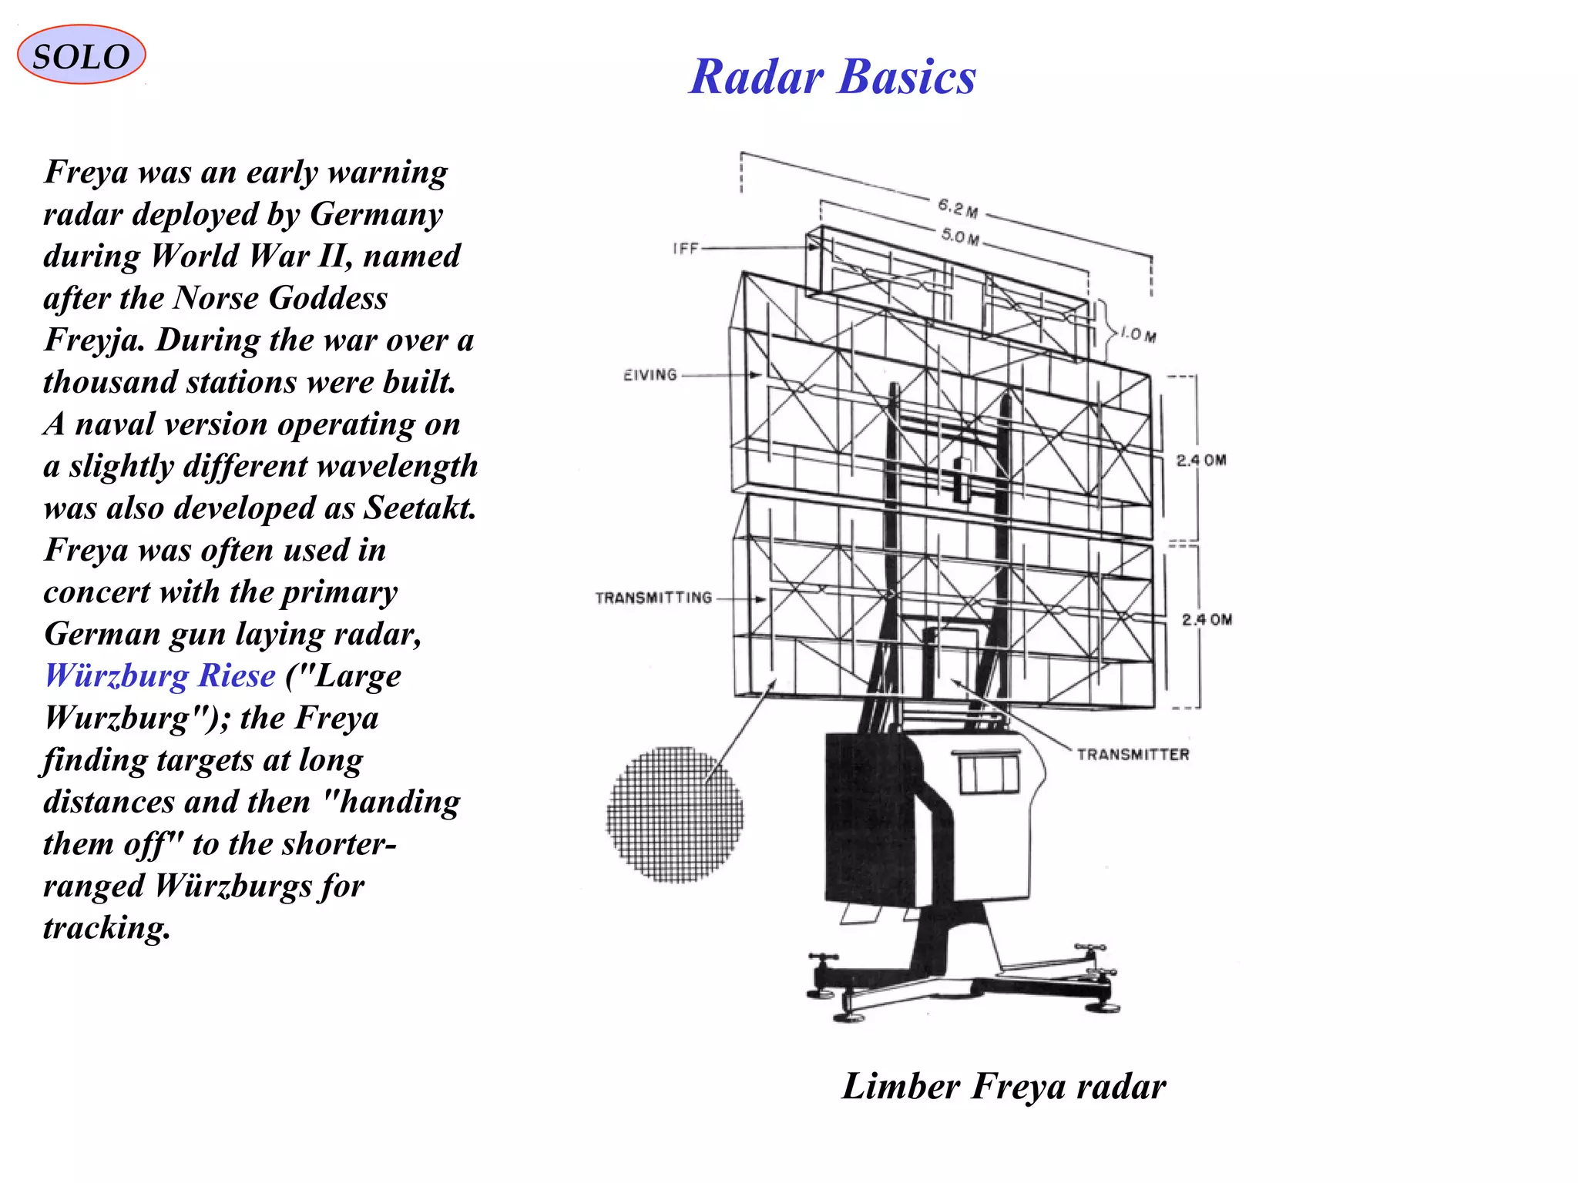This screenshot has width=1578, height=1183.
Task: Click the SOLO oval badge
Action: pyautogui.click(x=81, y=55)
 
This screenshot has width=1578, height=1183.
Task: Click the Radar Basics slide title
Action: pyautogui.click(x=832, y=78)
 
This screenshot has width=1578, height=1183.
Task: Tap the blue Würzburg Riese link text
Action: pyautogui.click(x=159, y=675)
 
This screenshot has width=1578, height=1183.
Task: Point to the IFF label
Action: pyautogui.click(x=685, y=249)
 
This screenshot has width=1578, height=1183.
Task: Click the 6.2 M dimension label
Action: pyautogui.click(x=958, y=208)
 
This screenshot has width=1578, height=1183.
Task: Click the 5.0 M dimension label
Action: pyautogui.click(x=960, y=236)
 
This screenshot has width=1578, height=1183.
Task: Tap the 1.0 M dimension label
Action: pyautogui.click(x=1138, y=335)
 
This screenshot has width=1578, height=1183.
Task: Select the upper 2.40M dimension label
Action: pyautogui.click(x=1201, y=461)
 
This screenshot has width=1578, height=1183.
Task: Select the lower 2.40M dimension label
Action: pyautogui.click(x=1207, y=620)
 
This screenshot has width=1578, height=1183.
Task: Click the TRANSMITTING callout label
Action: pyautogui.click(x=653, y=598)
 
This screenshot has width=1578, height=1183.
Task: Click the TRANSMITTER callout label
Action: pyautogui.click(x=1133, y=755)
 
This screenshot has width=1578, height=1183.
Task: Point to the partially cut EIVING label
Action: pyautogui.click(x=650, y=375)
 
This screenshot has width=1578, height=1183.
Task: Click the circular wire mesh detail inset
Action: pyautogui.click(x=675, y=815)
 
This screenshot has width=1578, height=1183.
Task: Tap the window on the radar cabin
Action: pyautogui.click(x=989, y=773)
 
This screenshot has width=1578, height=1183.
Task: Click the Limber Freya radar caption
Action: pyautogui.click(x=1003, y=1087)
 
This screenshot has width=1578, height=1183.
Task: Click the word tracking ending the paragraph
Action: pyautogui.click(x=106, y=928)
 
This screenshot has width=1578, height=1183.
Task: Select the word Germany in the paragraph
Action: pyautogui.click(x=376, y=214)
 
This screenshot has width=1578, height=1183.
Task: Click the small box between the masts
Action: pyautogui.click(x=962, y=479)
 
